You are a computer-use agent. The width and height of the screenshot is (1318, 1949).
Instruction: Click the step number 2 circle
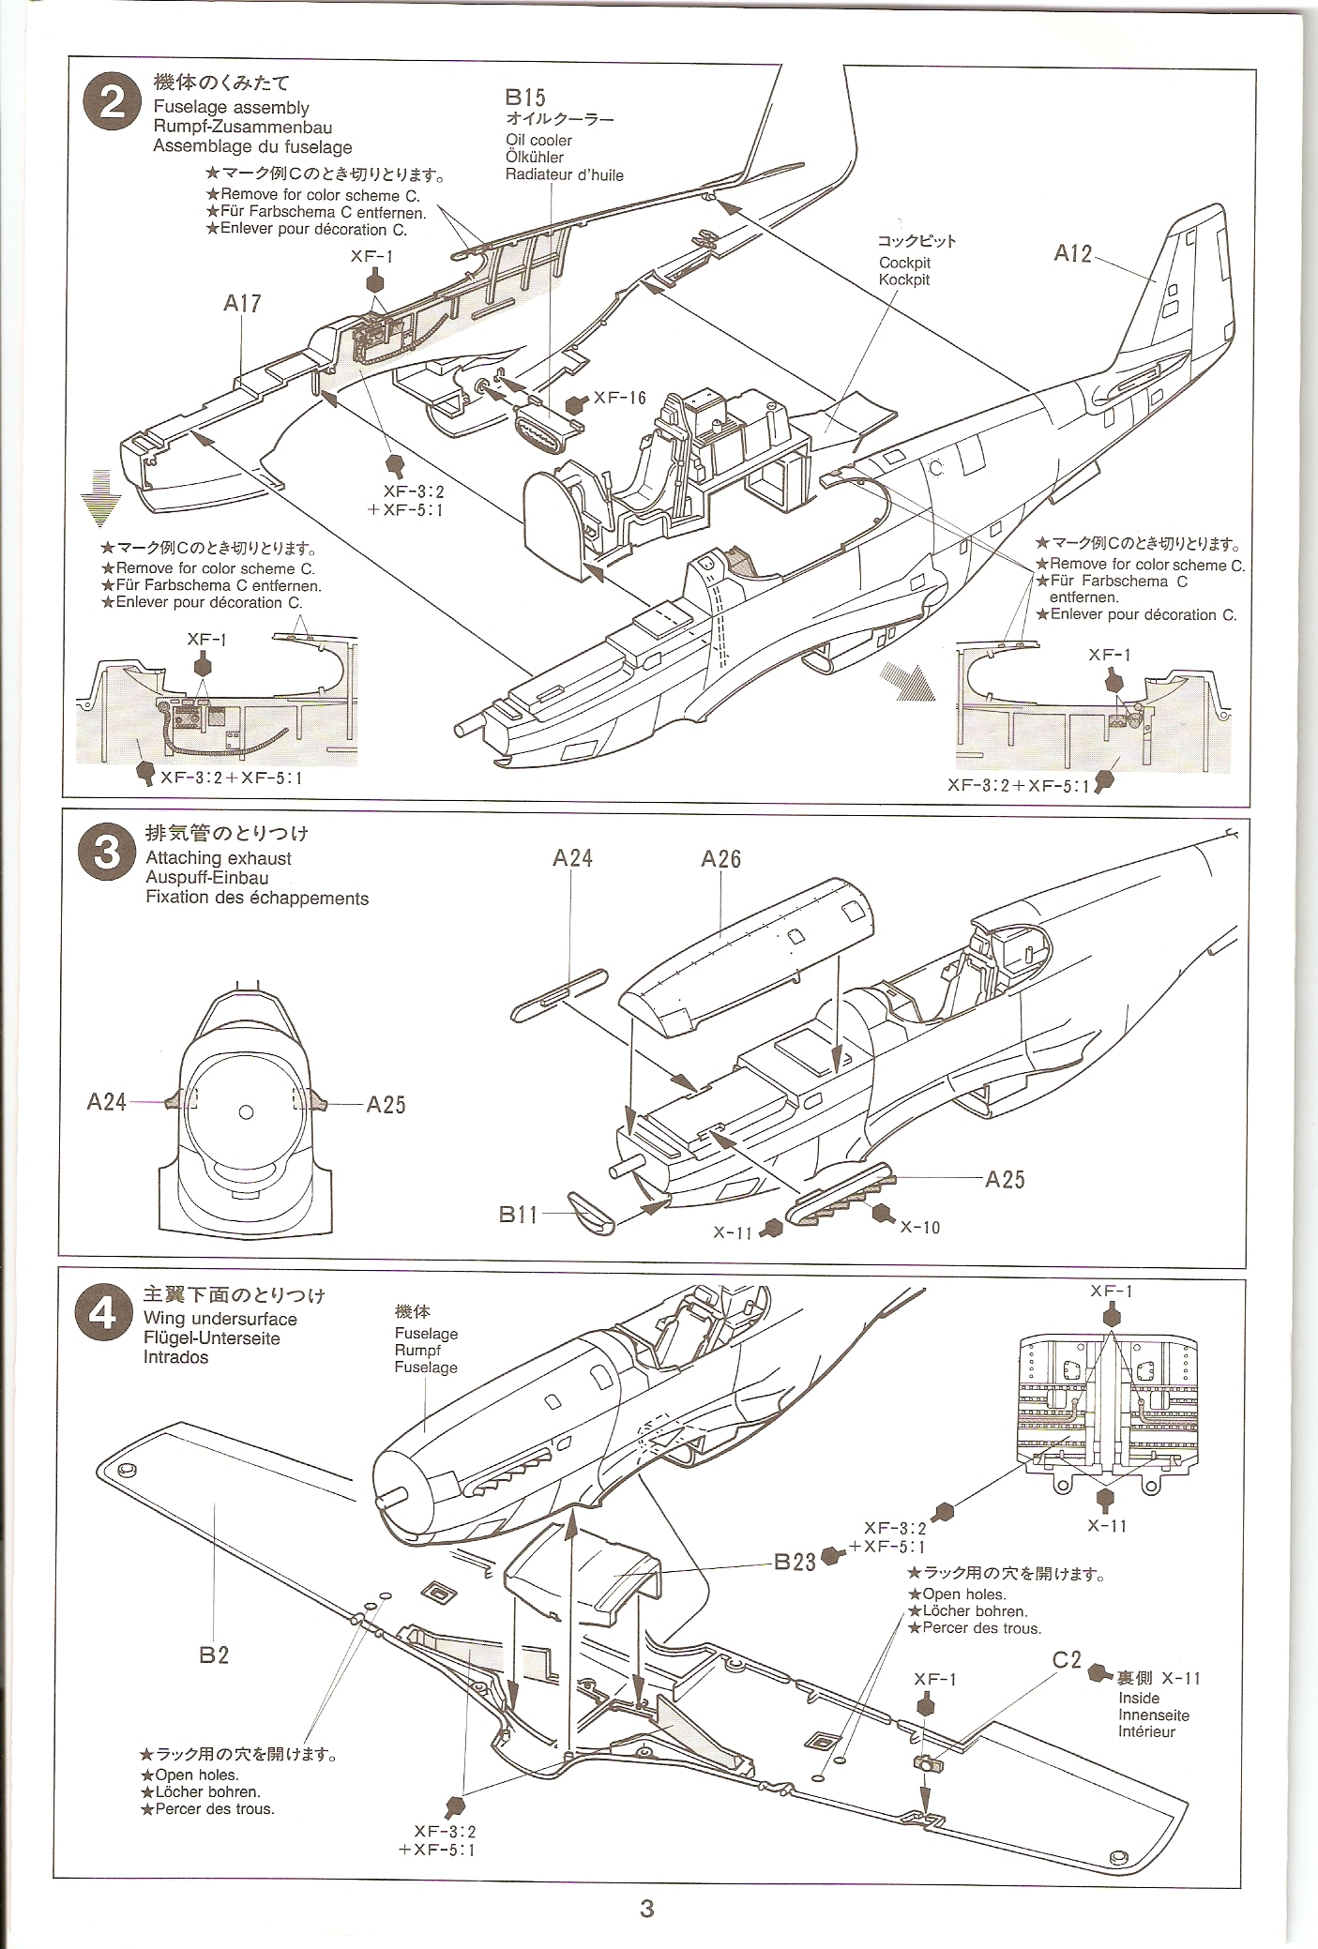tap(111, 103)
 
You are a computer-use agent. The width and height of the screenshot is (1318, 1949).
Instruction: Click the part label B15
tap(525, 98)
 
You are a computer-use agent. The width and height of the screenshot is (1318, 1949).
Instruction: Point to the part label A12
tap(1073, 253)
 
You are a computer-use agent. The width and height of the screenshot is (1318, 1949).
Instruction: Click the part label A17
tap(242, 303)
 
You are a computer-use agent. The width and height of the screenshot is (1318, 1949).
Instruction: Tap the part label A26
tap(720, 858)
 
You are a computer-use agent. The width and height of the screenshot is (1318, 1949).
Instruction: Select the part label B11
tap(519, 1215)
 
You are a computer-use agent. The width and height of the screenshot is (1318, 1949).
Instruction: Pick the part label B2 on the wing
tap(214, 1654)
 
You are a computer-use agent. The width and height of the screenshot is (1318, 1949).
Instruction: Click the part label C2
tap(1068, 1658)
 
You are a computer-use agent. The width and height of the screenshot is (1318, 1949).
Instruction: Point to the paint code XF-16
tap(620, 399)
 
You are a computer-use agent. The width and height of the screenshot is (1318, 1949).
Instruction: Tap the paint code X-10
tap(919, 1227)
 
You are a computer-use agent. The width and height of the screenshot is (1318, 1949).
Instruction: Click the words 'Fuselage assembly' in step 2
tap(231, 108)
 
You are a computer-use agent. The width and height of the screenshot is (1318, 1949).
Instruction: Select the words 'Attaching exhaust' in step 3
tap(219, 857)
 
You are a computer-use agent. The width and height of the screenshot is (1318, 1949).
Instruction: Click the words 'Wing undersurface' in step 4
tap(220, 1319)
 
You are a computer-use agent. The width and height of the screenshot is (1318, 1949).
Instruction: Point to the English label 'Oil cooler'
tap(538, 140)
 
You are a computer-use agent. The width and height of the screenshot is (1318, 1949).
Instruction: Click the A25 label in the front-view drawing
tap(386, 1104)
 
